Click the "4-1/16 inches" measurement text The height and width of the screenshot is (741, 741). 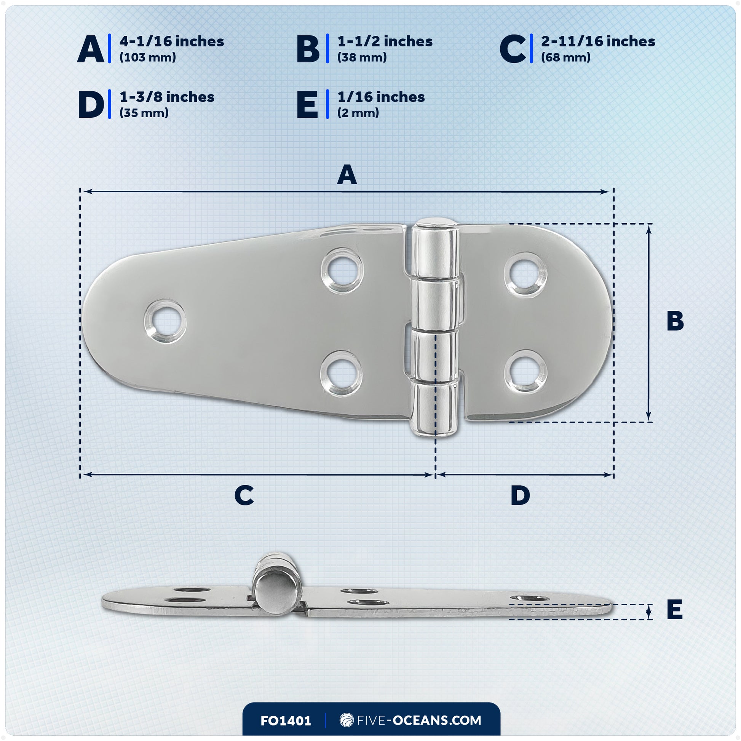pyautogui.click(x=171, y=42)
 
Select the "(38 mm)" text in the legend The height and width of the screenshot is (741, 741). pyautogui.click(x=362, y=57)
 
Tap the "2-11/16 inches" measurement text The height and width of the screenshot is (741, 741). pyautogui.click(x=597, y=42)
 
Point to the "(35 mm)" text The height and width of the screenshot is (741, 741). pyautogui.click(x=144, y=113)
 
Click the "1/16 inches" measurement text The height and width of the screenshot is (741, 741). pyautogui.click(x=381, y=97)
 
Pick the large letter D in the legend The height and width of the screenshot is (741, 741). pyautogui.click(x=91, y=104)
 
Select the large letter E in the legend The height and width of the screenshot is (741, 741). pyautogui.click(x=307, y=104)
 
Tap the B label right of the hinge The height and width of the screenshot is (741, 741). pyautogui.click(x=675, y=321)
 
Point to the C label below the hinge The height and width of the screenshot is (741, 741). pyautogui.click(x=244, y=495)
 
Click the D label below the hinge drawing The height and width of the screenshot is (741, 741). pyautogui.click(x=520, y=495)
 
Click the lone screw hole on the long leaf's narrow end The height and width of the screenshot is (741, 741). pyautogui.click(x=165, y=321)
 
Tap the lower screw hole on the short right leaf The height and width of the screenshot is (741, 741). pyautogui.click(x=525, y=372)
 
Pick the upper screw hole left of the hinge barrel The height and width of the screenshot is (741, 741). pyautogui.click(x=342, y=271)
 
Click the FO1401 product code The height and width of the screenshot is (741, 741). pyautogui.click(x=286, y=721)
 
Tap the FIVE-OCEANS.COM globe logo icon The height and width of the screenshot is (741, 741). pyautogui.click(x=347, y=720)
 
